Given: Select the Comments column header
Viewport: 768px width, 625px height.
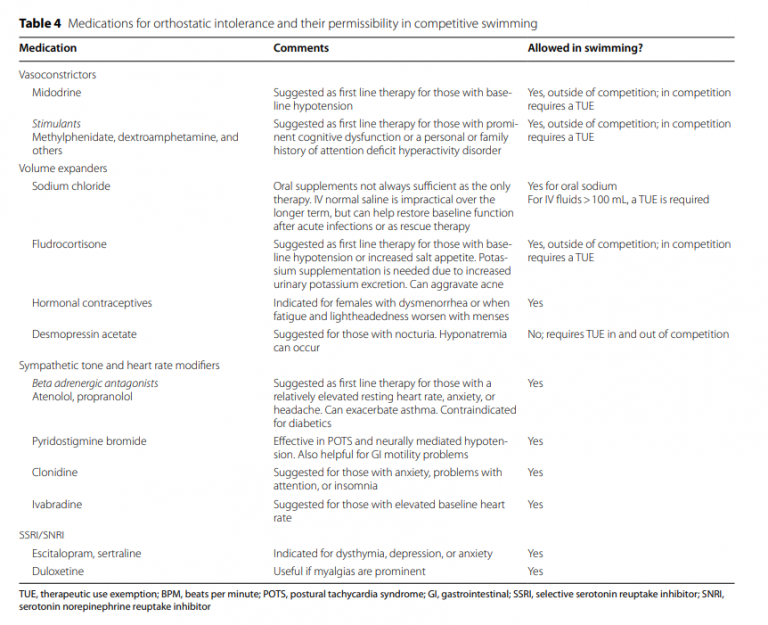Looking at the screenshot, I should [x=301, y=48].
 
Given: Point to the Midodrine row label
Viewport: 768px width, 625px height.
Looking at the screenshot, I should [x=56, y=93].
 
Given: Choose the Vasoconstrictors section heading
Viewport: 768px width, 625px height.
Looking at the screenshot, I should [x=58, y=75].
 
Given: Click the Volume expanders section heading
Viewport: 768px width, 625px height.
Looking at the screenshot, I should [x=63, y=169].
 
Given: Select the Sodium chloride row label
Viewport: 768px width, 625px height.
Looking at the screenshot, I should [x=71, y=187].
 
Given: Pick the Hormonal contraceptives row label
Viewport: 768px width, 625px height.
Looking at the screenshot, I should [x=92, y=303].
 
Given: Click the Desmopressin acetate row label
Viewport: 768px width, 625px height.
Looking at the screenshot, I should [x=84, y=334].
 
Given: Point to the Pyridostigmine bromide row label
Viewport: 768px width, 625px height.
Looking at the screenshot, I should [x=89, y=441].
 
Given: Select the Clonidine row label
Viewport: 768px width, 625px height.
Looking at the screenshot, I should [x=55, y=472].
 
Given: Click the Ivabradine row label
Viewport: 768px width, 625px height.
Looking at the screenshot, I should [x=58, y=504].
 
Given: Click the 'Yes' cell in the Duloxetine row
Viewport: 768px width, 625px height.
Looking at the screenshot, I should [x=536, y=571].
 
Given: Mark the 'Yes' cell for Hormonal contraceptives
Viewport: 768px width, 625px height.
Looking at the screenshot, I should [x=536, y=303].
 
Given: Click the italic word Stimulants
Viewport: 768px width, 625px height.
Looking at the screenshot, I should [x=56, y=124].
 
